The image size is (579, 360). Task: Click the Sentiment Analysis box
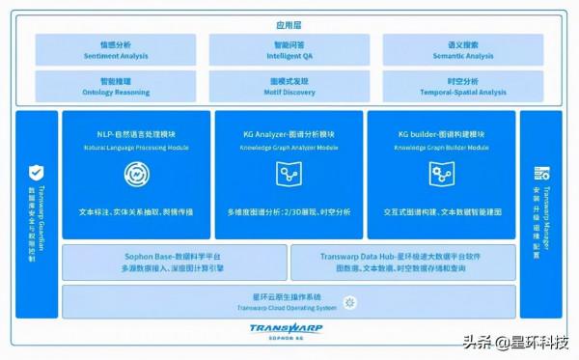click(116, 50)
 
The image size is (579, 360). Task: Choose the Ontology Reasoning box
click(116, 87)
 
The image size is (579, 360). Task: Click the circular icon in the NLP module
click(135, 174)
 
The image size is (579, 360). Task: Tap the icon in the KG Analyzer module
click(287, 174)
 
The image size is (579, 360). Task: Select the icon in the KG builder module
click(442, 174)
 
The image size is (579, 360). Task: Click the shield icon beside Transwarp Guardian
click(35, 173)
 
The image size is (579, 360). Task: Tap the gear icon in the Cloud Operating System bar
click(349, 303)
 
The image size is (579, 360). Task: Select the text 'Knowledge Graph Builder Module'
click(442, 148)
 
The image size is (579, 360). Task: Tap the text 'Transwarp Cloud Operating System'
click(287, 308)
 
